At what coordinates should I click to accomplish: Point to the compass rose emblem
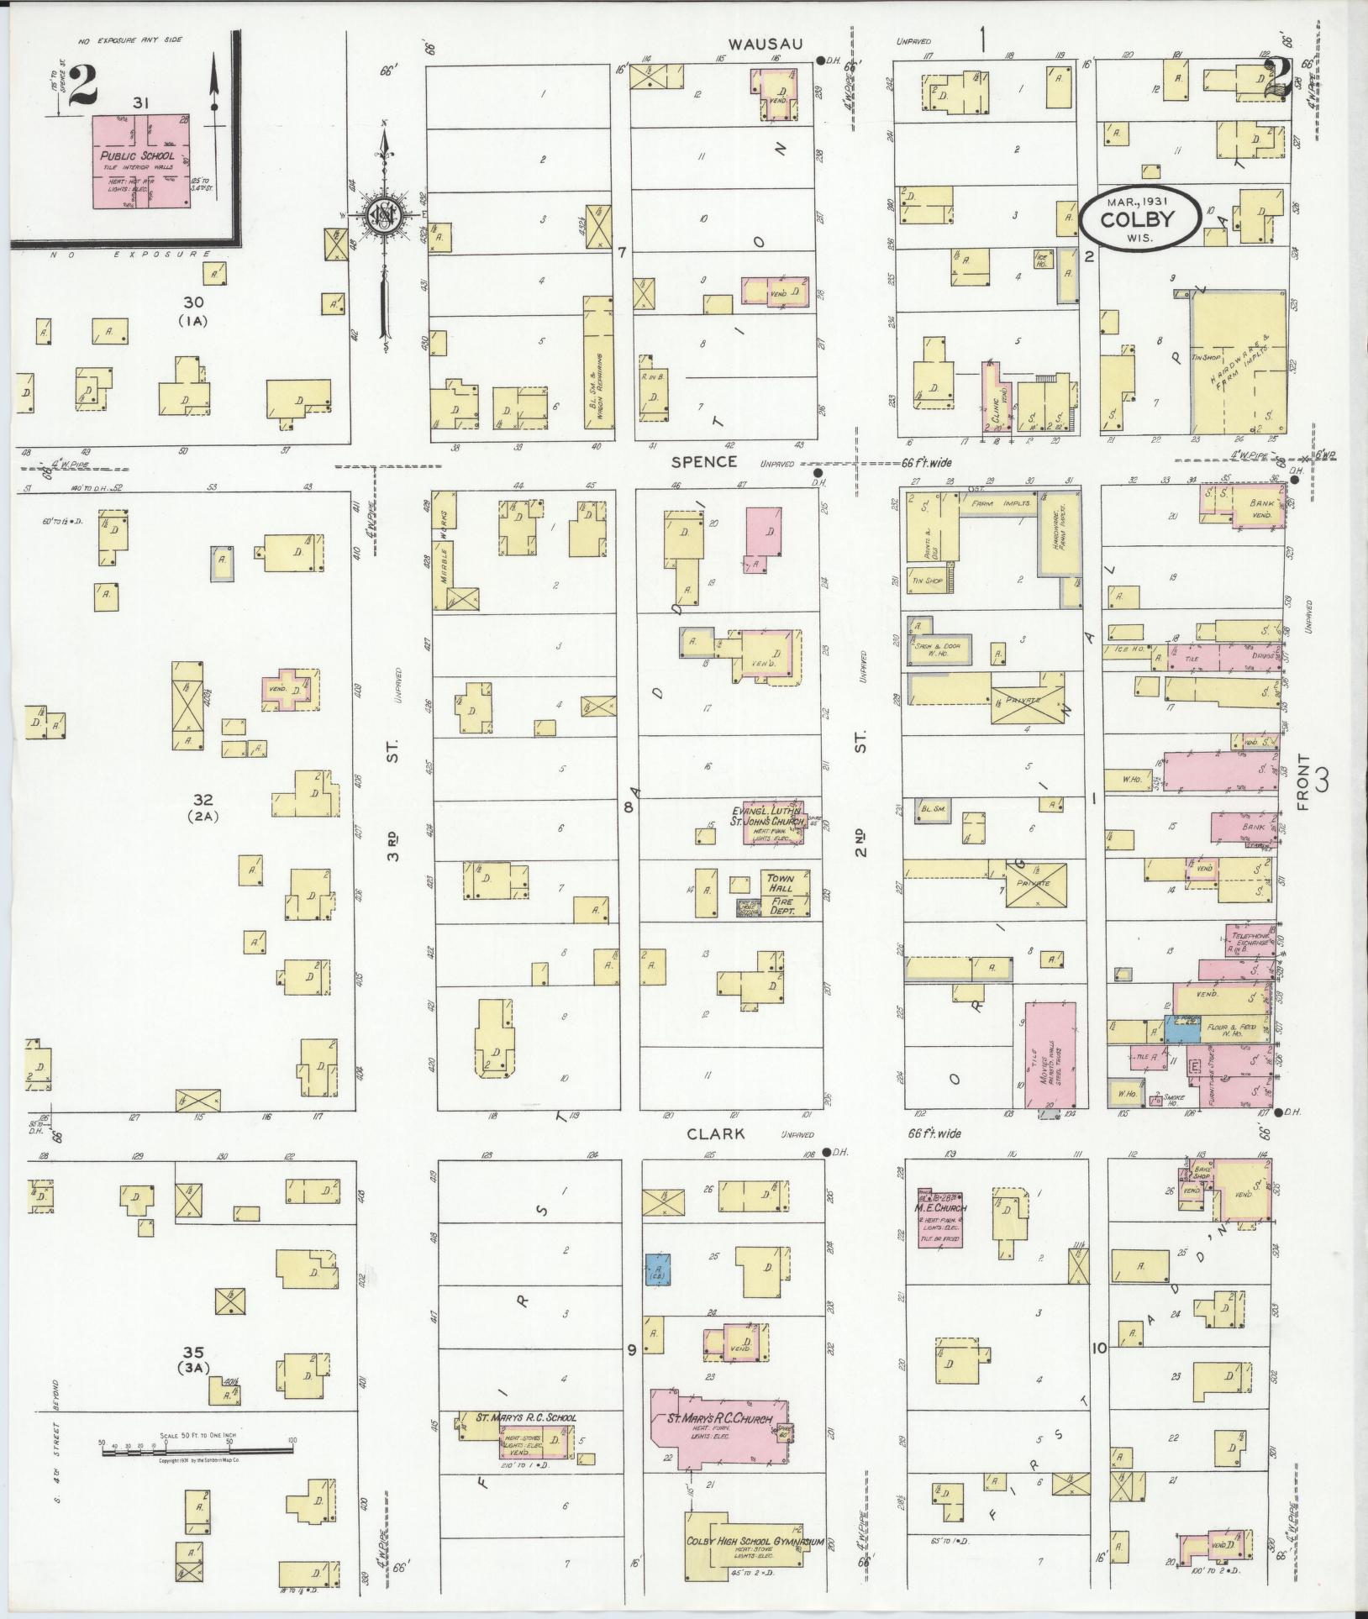coord(383,217)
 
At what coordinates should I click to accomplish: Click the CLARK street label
coord(715,1133)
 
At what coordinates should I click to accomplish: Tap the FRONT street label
coord(1303,781)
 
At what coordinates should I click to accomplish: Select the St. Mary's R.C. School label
coord(527,1417)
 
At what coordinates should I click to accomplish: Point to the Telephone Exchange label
coord(1248,938)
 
